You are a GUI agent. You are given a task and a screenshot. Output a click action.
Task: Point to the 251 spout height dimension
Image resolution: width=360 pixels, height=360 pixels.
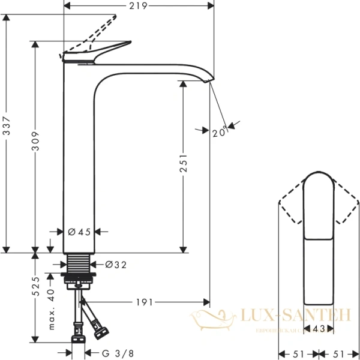(184, 164)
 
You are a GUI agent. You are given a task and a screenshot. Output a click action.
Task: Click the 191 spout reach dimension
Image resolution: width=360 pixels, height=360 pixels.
(142, 302)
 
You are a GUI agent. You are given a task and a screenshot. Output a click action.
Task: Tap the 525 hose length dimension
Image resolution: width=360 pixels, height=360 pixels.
(35, 287)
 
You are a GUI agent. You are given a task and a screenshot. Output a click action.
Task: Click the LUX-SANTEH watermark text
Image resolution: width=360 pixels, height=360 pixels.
(294, 314)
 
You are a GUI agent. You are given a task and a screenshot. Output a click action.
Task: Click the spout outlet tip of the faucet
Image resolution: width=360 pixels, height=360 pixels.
(209, 80)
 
